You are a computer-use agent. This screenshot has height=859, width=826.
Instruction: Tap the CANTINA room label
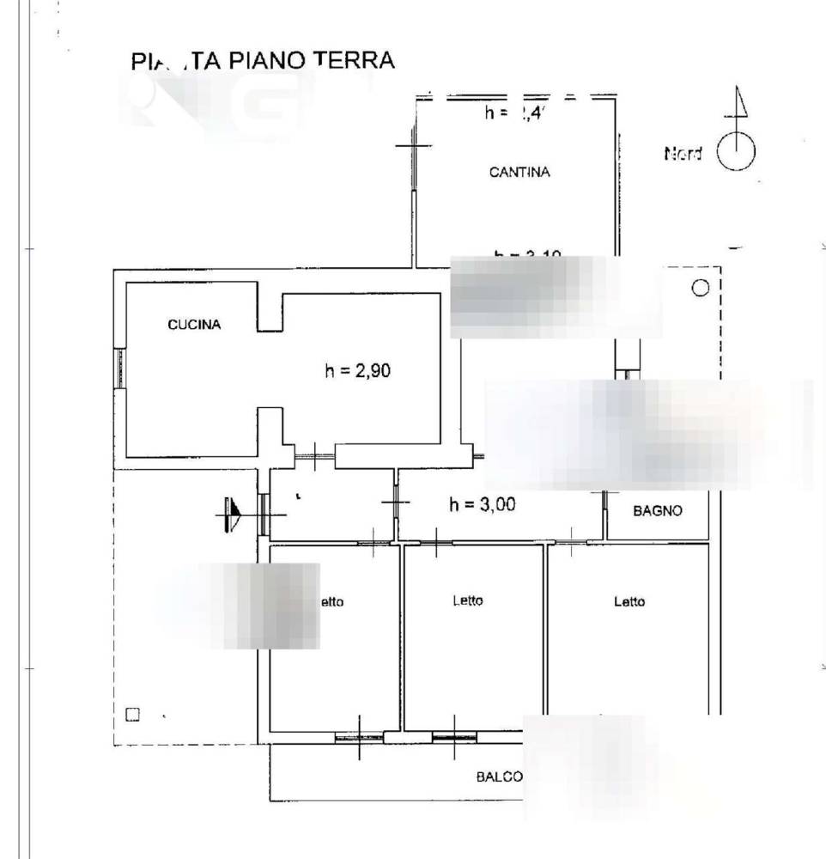coord(519,172)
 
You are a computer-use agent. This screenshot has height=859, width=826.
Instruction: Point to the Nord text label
coord(683,154)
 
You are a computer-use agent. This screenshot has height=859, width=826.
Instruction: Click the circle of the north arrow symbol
coord(736,153)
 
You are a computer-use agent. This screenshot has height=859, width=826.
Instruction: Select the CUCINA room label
coord(194,325)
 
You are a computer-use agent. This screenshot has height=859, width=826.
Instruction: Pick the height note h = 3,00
coord(483,505)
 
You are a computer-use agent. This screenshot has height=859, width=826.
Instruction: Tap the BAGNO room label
coord(657,510)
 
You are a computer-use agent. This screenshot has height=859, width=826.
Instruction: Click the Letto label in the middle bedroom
coord(468,600)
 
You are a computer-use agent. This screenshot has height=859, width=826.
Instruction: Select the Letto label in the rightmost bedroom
coord(629,601)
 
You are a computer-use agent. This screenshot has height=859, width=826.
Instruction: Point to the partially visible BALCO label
coord(500,777)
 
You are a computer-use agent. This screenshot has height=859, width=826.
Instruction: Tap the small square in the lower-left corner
coord(131,714)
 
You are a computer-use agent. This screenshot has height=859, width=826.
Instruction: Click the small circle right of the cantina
coord(700,288)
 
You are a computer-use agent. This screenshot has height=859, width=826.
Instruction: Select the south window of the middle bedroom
coord(455,735)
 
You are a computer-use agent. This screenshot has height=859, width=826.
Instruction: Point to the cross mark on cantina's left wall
coord(414,147)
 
